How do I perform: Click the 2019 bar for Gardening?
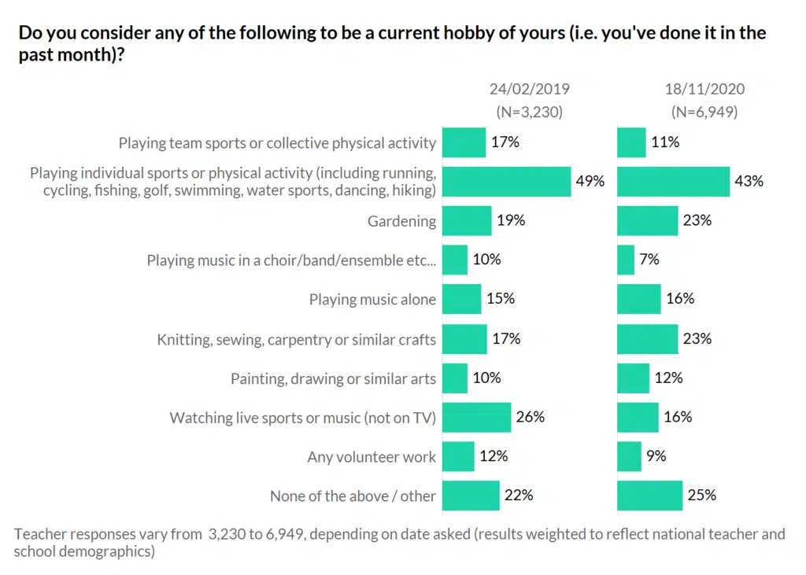point(467,221)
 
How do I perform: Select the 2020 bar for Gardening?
point(647,221)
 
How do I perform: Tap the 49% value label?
point(590,181)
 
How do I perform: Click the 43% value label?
point(749,181)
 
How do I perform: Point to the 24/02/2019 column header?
point(529,89)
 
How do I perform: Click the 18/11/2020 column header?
point(704,89)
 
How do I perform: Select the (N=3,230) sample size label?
point(529,112)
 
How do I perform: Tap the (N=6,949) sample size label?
point(704,112)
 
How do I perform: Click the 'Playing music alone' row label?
point(372,300)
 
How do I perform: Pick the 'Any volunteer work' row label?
point(372,457)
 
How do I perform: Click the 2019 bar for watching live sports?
point(476,417)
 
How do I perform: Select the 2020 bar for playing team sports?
point(631,142)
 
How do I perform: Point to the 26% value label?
point(531,417)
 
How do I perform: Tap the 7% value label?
point(649,260)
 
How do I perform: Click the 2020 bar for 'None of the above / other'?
point(649,496)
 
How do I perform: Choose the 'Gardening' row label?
point(401,221)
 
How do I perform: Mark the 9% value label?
point(656,456)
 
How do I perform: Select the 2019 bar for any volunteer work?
point(458,456)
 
